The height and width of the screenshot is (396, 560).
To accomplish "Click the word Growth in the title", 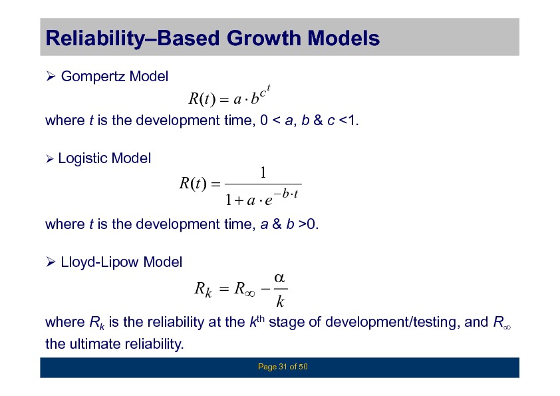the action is click(263, 38).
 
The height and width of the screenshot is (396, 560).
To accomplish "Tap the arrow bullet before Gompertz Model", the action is click(51, 76).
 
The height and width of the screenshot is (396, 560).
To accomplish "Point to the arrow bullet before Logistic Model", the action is click(50, 158).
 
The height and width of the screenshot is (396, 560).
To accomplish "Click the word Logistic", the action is click(82, 158).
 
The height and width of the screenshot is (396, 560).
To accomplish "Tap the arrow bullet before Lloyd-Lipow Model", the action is click(51, 262).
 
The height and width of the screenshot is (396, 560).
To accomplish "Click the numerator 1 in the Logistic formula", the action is click(263, 172).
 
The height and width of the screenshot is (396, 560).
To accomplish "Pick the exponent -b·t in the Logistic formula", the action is click(286, 194).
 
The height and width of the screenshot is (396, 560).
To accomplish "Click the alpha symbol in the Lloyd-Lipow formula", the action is click(279, 278).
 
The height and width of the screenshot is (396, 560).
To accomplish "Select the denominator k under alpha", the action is click(280, 301).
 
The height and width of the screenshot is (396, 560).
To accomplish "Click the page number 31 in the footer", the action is click(283, 367).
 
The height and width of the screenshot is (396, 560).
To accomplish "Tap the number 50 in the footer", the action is click(303, 367).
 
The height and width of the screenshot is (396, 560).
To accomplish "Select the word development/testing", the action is click(390, 322).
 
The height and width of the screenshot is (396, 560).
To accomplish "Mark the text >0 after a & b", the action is click(307, 224).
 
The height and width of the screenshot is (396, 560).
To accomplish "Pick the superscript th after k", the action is click(260, 318).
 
